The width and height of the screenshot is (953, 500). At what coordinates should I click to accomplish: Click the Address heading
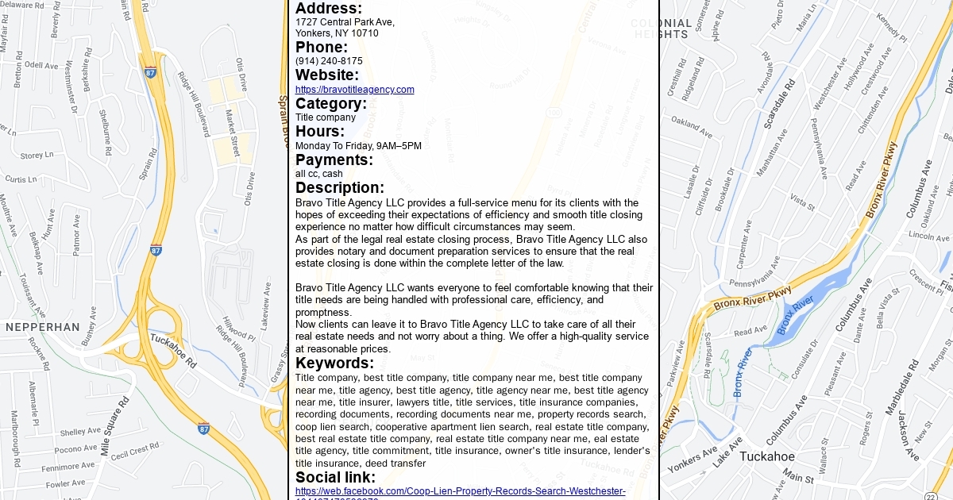[x=329, y=8]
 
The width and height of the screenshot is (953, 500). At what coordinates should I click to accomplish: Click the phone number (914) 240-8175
[x=329, y=61]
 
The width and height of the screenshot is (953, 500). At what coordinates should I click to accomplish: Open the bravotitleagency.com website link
[x=354, y=90]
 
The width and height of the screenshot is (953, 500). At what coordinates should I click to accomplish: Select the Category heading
[x=331, y=104]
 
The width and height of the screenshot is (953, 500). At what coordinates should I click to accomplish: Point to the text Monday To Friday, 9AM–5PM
[x=358, y=146]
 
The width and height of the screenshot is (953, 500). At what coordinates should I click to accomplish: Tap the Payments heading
[x=334, y=160]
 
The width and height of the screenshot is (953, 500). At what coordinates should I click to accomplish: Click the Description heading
[x=340, y=188]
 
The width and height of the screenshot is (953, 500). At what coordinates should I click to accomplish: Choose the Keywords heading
[x=334, y=363]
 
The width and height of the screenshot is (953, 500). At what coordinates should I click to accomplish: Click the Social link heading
[x=335, y=477]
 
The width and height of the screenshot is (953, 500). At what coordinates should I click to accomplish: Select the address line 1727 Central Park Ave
[x=345, y=22]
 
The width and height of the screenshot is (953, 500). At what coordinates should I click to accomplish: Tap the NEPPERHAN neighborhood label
[x=43, y=327]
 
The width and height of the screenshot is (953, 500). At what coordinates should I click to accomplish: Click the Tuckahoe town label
[x=766, y=456]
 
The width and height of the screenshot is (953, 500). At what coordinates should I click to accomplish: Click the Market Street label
[x=233, y=133]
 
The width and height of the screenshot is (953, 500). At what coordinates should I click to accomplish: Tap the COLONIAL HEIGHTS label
[x=661, y=29]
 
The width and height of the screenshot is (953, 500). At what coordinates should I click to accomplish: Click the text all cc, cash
[x=319, y=174]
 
